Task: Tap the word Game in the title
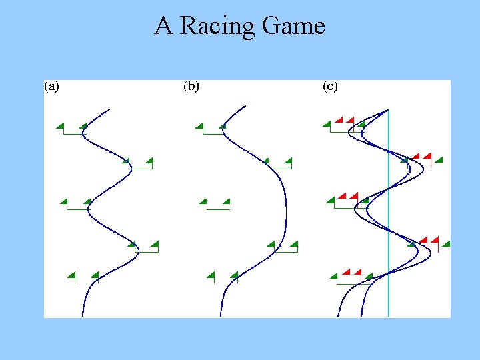[x=293, y=26]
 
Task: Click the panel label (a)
[x=52, y=86]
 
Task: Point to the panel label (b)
[x=191, y=86]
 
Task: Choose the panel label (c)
[x=330, y=86]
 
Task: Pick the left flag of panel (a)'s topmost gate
[x=60, y=126]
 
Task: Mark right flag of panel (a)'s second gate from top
[x=149, y=161]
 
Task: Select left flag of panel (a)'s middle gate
[x=64, y=201]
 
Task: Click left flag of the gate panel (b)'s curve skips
[x=203, y=201]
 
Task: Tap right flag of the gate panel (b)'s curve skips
[x=226, y=201]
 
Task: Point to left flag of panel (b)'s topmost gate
[x=199, y=126]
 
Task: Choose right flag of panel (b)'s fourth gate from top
[x=293, y=245]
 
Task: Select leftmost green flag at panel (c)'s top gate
[x=327, y=124]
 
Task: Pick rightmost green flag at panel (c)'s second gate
[x=439, y=159]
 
